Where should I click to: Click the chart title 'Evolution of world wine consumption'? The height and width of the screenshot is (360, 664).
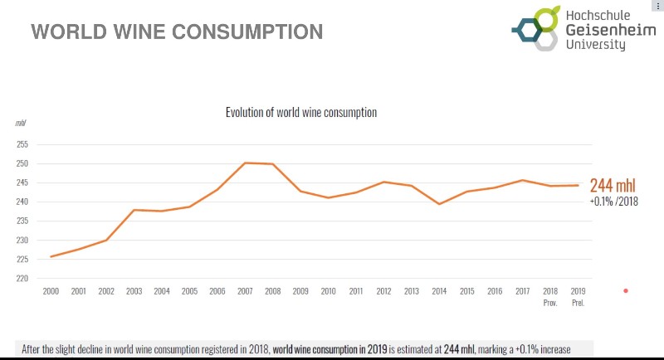pyautogui.click(x=301, y=112)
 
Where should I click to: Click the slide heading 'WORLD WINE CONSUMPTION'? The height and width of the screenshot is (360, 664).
pyautogui.click(x=177, y=32)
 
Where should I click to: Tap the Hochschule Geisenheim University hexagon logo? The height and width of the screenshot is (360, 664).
pyautogui.click(x=535, y=28)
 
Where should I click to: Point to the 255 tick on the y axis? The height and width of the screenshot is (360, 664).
pyautogui.click(x=22, y=144)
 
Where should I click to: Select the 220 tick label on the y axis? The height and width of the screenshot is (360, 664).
pyautogui.click(x=22, y=279)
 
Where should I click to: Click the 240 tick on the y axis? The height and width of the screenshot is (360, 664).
pyautogui.click(x=22, y=202)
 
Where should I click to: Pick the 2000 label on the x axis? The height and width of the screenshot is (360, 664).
pyautogui.click(x=51, y=291)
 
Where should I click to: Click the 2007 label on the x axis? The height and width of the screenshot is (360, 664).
pyautogui.click(x=245, y=291)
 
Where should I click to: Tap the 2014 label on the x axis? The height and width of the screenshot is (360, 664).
pyautogui.click(x=439, y=291)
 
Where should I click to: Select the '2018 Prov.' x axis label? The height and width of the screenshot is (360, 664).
pyautogui.click(x=550, y=295)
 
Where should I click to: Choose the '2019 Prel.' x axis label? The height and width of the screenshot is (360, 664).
pyautogui.click(x=578, y=295)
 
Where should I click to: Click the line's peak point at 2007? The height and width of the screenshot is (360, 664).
pyautogui.click(x=245, y=163)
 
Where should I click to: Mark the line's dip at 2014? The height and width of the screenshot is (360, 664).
pyautogui.click(x=439, y=203)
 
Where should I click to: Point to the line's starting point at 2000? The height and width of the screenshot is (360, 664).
pyautogui.click(x=51, y=256)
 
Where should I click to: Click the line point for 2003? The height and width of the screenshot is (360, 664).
pyautogui.click(x=134, y=210)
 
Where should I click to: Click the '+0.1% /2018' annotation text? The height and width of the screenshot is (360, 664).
pyautogui.click(x=613, y=201)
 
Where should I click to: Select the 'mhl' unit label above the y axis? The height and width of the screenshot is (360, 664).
pyautogui.click(x=21, y=123)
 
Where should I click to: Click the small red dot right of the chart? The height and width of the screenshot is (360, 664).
pyautogui.click(x=626, y=290)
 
